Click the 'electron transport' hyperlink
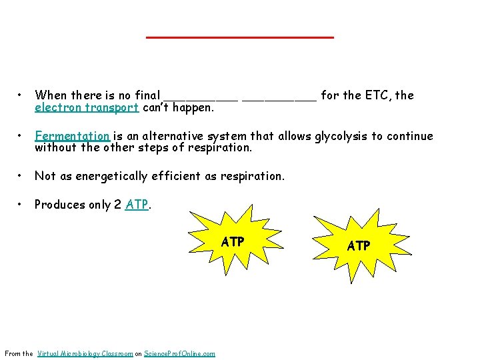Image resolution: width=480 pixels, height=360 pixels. (87, 107)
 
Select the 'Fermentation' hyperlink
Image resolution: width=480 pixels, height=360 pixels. (72, 136)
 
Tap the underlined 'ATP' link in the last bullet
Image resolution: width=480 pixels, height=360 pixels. (137, 205)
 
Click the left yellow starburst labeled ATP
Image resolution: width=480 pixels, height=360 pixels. (232, 241)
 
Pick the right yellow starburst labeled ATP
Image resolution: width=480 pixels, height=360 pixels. (359, 245)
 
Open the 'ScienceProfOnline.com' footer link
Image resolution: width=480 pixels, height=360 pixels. (180, 353)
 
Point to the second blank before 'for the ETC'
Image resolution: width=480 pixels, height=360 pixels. (279, 97)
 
